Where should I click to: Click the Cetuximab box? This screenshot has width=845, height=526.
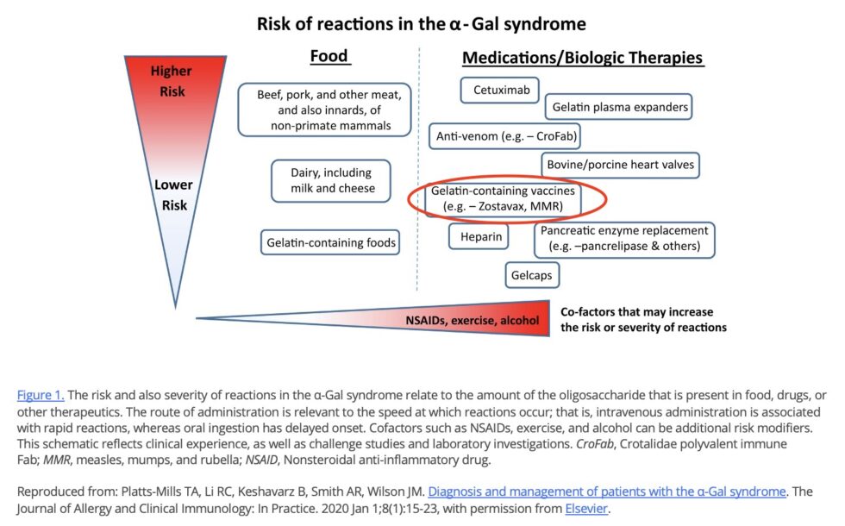point(500,90)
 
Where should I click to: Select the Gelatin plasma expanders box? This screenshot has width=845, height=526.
point(618,107)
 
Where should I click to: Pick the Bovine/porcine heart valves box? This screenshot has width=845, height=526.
point(619,164)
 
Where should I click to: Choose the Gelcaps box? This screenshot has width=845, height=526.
point(532,275)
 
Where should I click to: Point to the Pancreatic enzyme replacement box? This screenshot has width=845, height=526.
point(624,239)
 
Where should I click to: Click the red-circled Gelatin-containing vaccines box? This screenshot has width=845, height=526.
point(502,198)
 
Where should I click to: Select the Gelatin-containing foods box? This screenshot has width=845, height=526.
point(331,243)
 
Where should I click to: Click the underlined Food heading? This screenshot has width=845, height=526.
point(329,57)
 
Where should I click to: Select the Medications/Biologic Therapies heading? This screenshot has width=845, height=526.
point(583,59)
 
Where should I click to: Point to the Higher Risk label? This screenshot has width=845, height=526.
point(171,79)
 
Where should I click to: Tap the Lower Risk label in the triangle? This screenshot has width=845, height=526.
point(173,195)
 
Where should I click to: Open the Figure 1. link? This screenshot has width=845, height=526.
point(40,395)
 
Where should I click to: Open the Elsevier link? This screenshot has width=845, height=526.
point(586,509)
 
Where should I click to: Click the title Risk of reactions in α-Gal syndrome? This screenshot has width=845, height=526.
point(422,22)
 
